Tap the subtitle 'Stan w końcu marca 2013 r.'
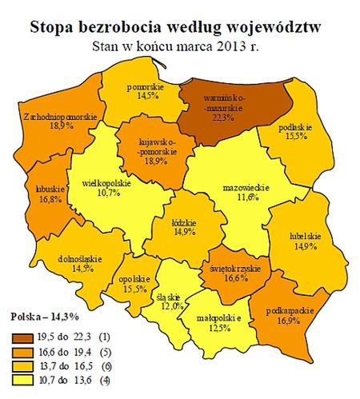180,46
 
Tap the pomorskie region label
145,85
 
